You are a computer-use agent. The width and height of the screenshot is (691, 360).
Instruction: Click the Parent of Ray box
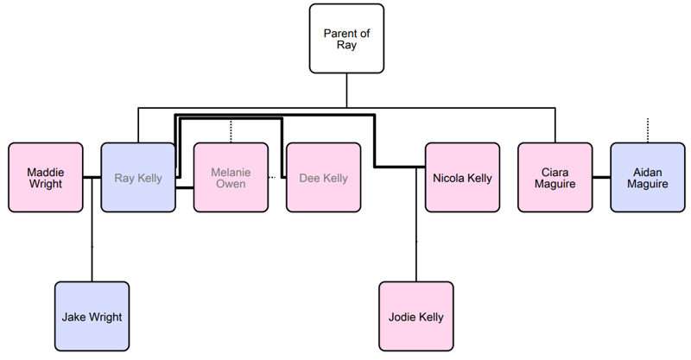tap(346, 39)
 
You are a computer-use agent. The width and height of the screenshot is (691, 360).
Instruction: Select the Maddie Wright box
tap(45, 178)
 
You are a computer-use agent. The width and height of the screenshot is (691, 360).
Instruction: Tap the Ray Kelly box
tap(138, 178)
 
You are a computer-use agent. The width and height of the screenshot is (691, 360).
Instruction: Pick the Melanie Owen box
tap(231, 178)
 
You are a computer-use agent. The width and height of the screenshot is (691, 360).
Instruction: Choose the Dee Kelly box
tap(323, 178)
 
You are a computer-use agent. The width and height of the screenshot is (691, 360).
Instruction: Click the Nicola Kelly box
tap(462, 178)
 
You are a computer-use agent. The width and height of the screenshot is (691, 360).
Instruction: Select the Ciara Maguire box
tap(555, 178)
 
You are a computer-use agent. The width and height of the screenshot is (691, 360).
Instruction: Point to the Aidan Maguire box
tap(647, 178)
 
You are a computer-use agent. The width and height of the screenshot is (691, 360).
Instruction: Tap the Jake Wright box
tap(92, 317)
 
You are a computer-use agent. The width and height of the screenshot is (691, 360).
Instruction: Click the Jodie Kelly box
tap(416, 317)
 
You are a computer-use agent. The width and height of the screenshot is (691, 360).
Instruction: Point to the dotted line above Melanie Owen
tap(231, 131)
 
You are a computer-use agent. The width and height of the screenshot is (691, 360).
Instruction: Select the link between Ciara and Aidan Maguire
tap(600, 178)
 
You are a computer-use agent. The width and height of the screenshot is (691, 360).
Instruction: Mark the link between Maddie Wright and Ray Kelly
tap(92, 178)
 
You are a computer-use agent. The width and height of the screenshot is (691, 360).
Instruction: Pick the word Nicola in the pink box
tap(449, 178)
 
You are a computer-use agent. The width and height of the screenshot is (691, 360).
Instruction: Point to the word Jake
tap(75, 317)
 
